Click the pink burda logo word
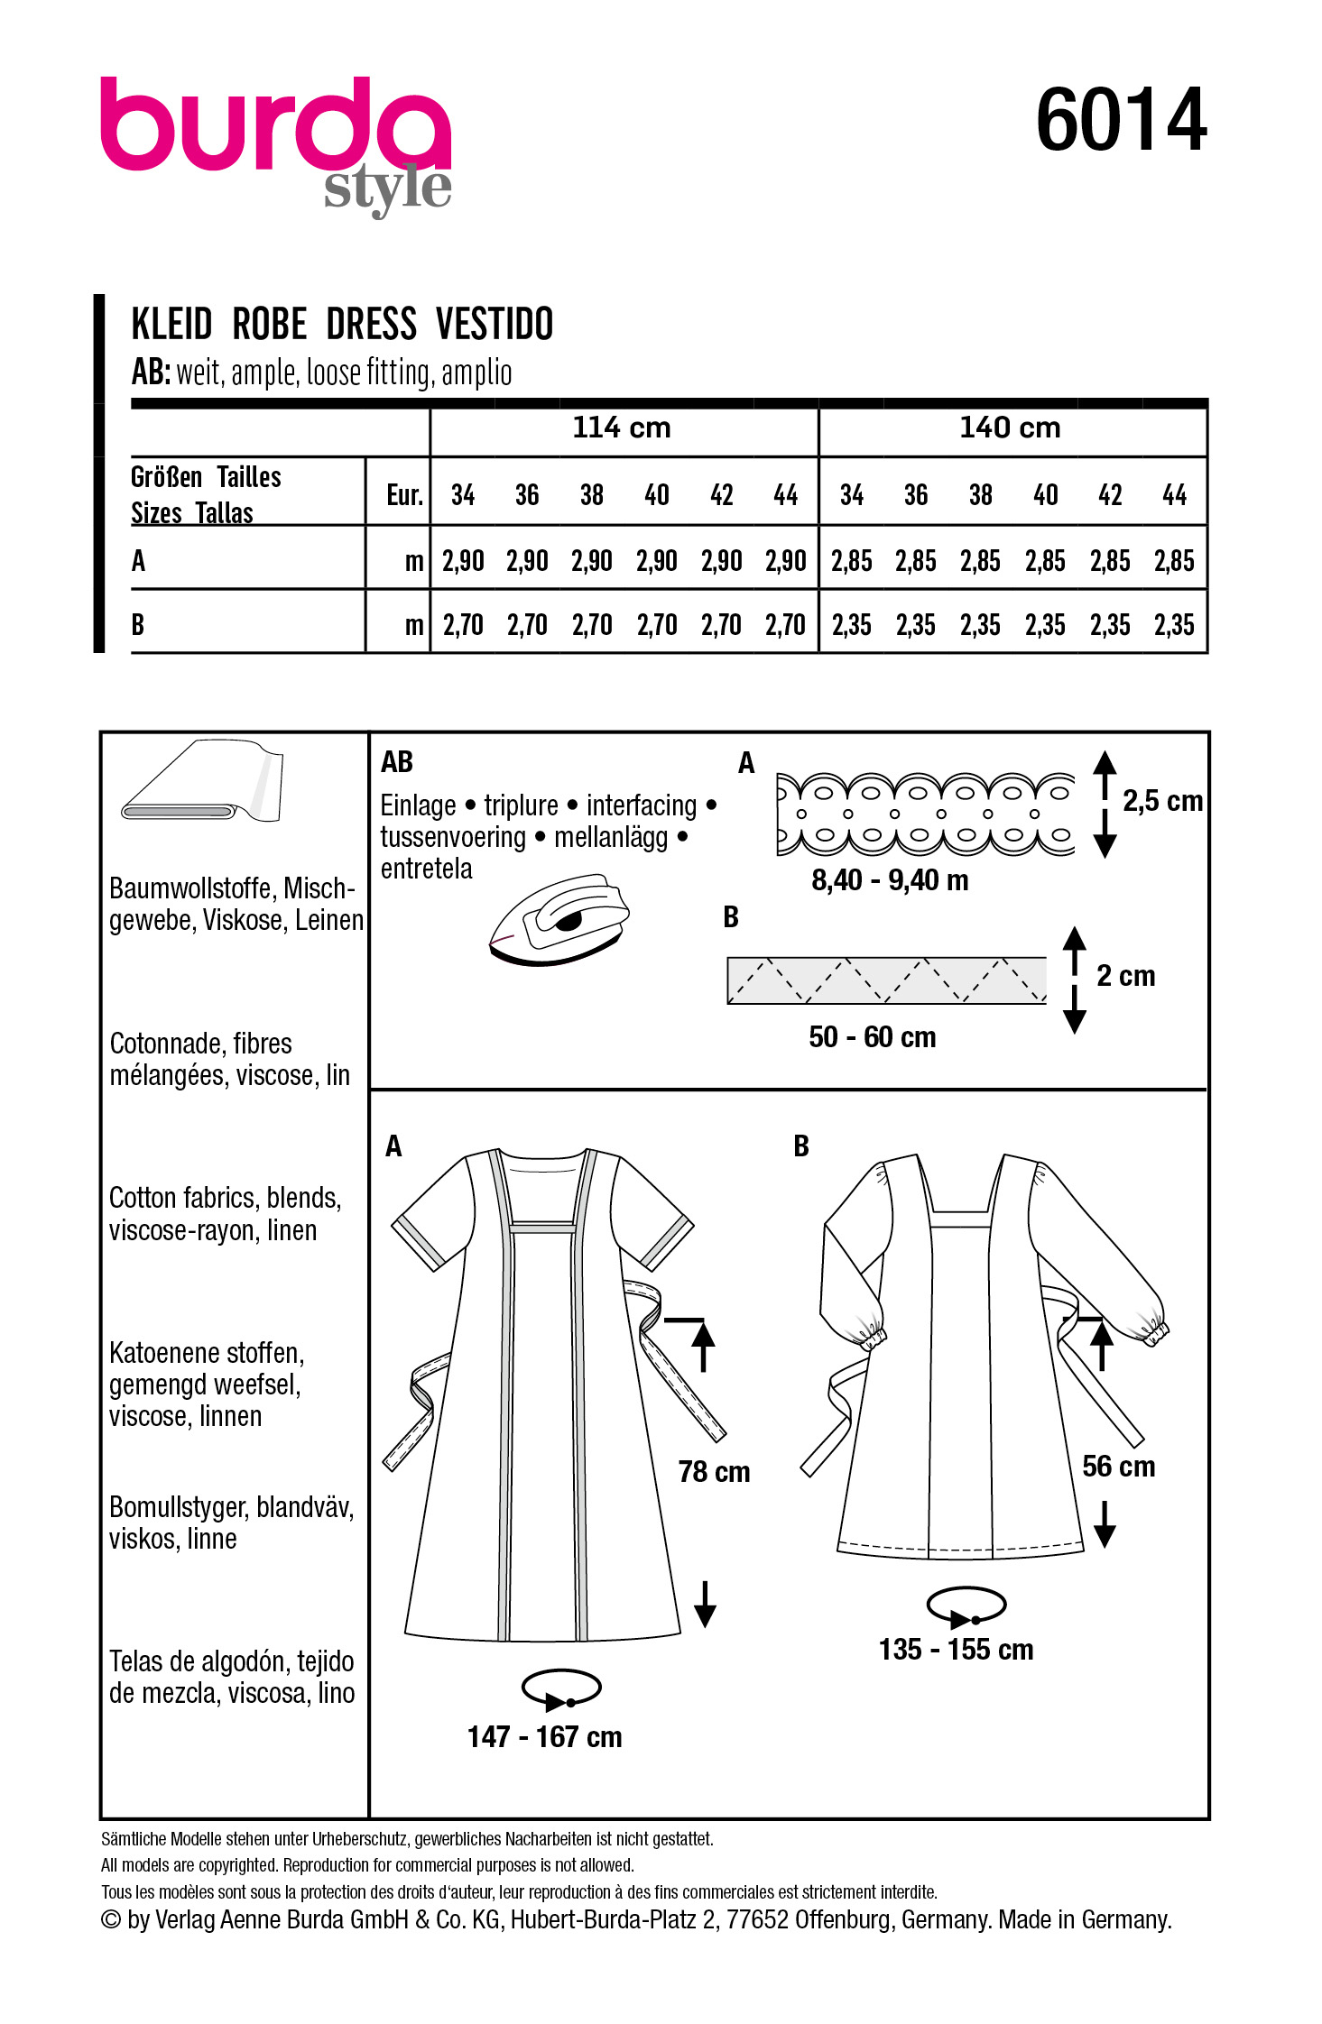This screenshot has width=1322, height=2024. (x=275, y=125)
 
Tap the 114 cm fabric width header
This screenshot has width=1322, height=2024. (x=622, y=428)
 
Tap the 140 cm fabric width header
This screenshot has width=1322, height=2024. (x=1010, y=428)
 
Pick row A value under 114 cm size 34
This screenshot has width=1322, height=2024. (x=463, y=561)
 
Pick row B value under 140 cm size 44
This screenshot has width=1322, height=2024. (x=1174, y=625)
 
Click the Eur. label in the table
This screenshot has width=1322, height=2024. (x=404, y=495)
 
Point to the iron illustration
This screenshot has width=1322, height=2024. (x=559, y=919)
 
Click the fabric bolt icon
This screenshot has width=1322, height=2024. (x=204, y=782)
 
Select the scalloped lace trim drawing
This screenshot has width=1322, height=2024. (x=925, y=814)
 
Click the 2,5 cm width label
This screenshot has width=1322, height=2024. (x=1162, y=801)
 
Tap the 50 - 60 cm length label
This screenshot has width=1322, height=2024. (x=872, y=1037)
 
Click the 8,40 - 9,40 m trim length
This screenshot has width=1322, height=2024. (x=890, y=880)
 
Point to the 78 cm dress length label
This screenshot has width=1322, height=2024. (x=714, y=1473)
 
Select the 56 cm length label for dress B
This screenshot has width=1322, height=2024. (x=1118, y=1467)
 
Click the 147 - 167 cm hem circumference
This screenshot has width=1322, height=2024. (x=544, y=1737)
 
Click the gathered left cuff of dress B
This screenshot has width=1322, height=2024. (x=869, y=1336)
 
